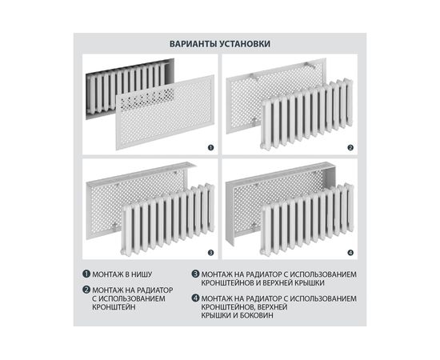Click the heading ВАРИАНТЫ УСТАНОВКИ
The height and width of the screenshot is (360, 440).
pyautogui.click(x=220, y=44)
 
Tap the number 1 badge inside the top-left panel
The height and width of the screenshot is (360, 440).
pyautogui.click(x=210, y=147)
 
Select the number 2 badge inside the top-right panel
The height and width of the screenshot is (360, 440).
pyautogui.click(x=350, y=147)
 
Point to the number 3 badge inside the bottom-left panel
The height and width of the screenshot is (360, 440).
pyautogui.click(x=210, y=253)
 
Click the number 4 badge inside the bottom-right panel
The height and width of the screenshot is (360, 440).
pyautogui.click(x=350, y=253)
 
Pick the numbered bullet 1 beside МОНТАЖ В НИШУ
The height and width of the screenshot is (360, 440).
pyautogui.click(x=86, y=274)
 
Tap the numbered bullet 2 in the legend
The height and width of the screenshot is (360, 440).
pyautogui.click(x=86, y=290)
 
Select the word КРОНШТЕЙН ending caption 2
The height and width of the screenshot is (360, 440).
pyautogui.click(x=114, y=307)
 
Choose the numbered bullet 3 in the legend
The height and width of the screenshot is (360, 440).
pyautogui.click(x=195, y=274)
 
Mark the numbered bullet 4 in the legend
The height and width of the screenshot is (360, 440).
pyautogui.click(x=195, y=298)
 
